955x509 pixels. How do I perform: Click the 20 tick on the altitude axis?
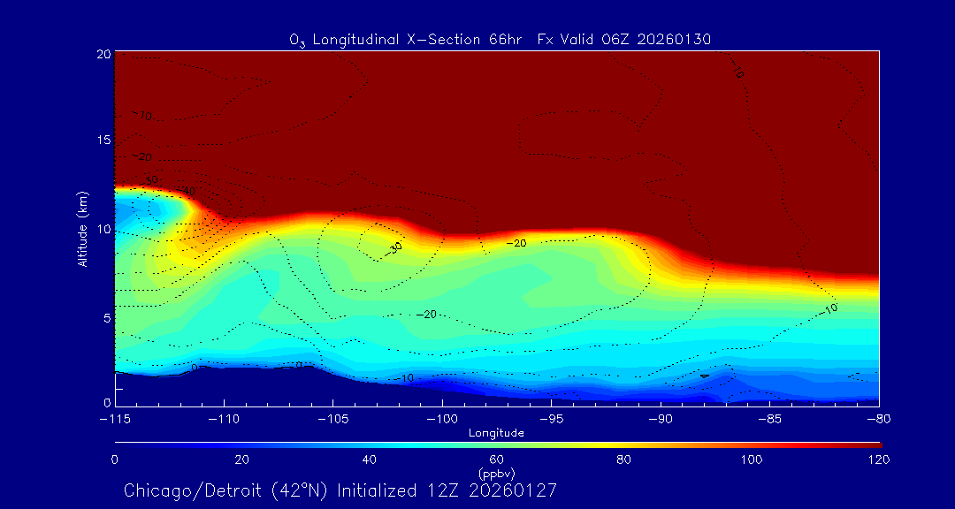click(103, 54)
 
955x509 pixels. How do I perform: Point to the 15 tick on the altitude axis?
click(103, 141)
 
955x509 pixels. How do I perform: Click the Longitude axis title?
click(496, 433)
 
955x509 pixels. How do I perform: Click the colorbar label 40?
click(370, 460)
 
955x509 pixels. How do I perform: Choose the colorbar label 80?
click(624, 460)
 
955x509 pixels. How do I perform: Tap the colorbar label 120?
click(879, 460)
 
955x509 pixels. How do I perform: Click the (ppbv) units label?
click(496, 474)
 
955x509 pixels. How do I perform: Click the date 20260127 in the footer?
click(516, 490)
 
